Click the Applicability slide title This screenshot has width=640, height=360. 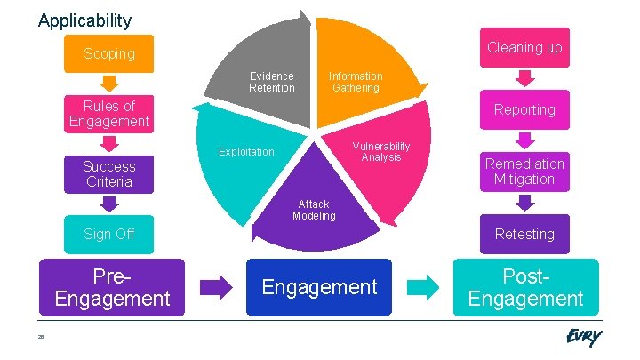pyautogui.click(x=84, y=20)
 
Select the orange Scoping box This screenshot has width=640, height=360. pyautogui.click(x=109, y=53)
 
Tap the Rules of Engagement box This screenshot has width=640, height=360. pyautogui.click(x=109, y=114)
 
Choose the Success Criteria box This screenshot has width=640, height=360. pyautogui.click(x=109, y=174)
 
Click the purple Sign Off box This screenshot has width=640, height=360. pyautogui.click(x=109, y=234)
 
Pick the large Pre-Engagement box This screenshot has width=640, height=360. pyautogui.click(x=111, y=287)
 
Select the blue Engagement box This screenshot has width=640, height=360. pyautogui.click(x=318, y=287)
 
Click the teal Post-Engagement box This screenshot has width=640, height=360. pyautogui.click(x=525, y=287)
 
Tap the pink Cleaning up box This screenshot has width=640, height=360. pyautogui.click(x=524, y=47)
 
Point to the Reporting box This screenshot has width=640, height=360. pyautogui.click(x=524, y=109)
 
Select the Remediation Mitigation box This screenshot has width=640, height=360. pyautogui.click(x=524, y=172)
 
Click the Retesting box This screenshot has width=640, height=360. pyautogui.click(x=524, y=234)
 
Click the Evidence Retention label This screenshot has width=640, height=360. pyautogui.click(x=271, y=82)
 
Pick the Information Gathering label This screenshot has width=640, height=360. pyautogui.click(x=356, y=82)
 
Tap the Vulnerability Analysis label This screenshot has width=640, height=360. pyautogui.click(x=381, y=151)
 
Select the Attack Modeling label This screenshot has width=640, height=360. pyautogui.click(x=314, y=210)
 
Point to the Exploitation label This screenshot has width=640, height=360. pyautogui.click(x=246, y=152)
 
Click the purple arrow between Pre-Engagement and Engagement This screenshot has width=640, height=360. pyautogui.click(x=215, y=286)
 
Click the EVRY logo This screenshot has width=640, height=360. pyautogui.click(x=583, y=338)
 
